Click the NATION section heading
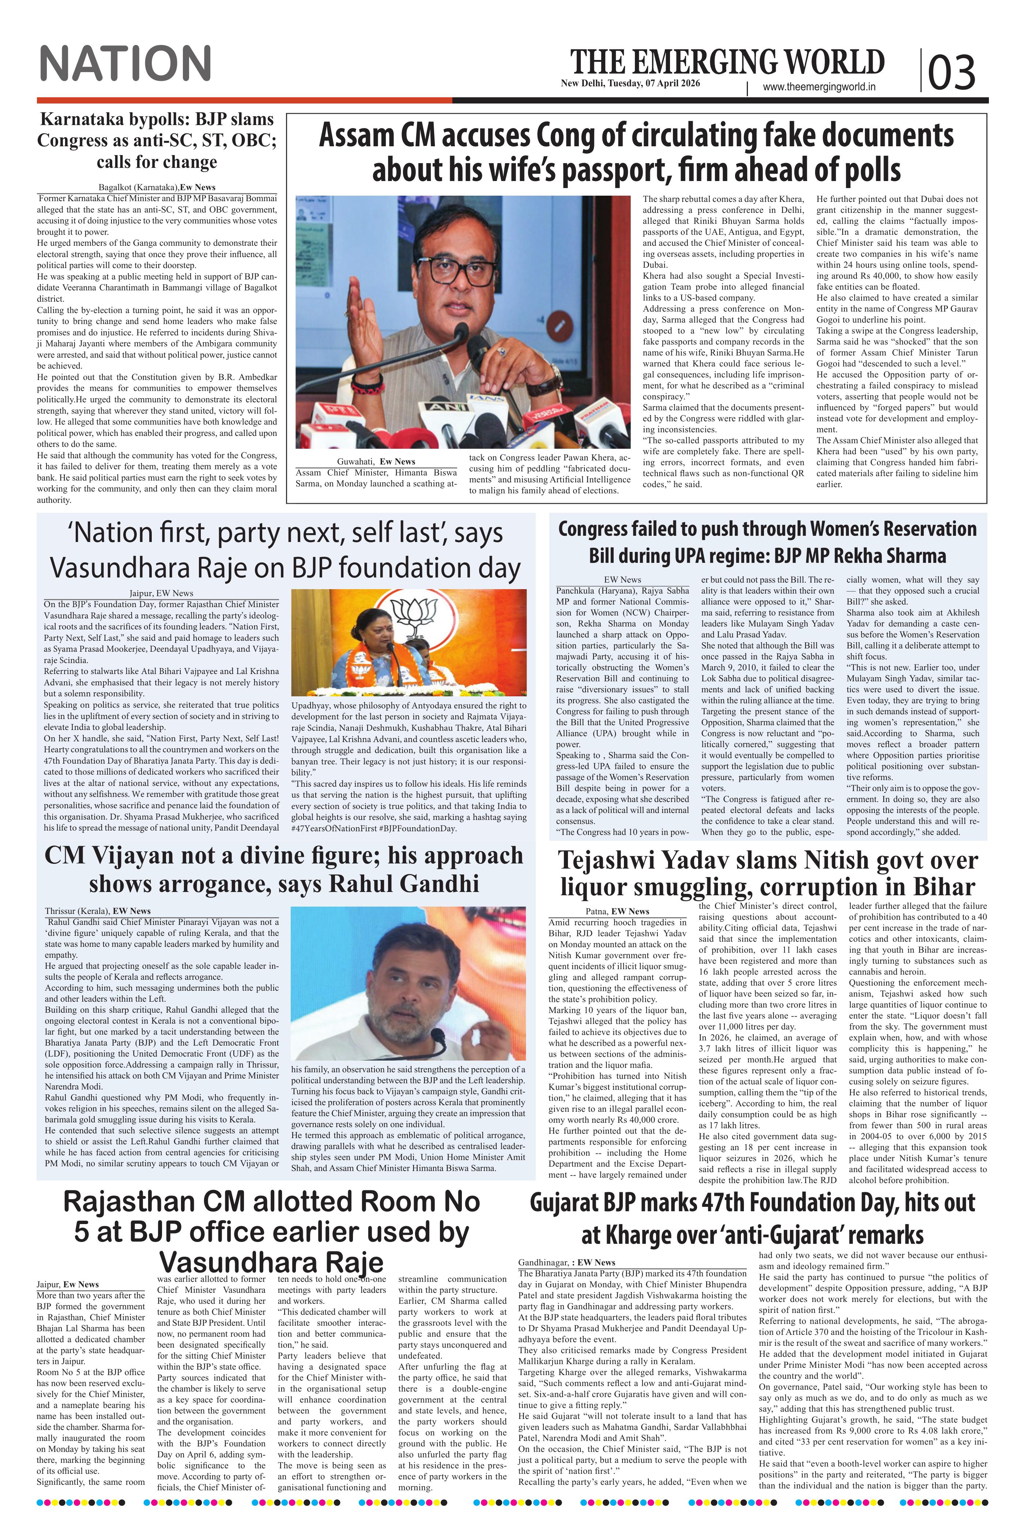(x=125, y=64)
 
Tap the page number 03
(x=952, y=72)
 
